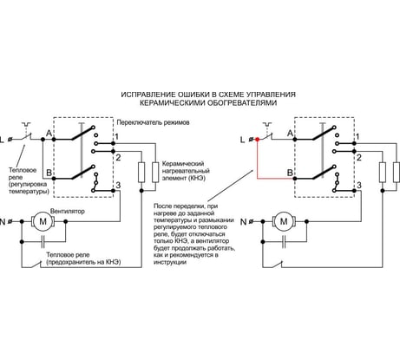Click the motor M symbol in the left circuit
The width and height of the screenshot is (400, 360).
pos(43,221)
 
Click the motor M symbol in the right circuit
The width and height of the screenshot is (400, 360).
pos(284,221)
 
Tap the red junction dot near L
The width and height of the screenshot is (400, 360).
pos(257,140)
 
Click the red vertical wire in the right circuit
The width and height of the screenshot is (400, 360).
pos(257,159)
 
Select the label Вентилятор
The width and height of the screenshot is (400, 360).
pos(68,211)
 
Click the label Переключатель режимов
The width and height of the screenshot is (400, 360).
pos(153,122)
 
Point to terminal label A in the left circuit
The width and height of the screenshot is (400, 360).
pos(49,134)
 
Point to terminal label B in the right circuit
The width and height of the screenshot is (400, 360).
pos(290,173)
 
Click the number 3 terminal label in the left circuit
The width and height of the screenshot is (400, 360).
pos(118,185)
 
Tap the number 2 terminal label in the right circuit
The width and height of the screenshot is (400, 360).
pos(359,158)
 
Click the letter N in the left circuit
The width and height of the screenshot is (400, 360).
pos(3,222)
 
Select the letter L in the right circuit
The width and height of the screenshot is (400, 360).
pos(243,140)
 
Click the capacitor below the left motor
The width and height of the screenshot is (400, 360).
pos(43,241)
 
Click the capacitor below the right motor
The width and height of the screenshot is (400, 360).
pos(284,241)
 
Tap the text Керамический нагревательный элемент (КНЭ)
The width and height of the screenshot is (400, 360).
pos(186,171)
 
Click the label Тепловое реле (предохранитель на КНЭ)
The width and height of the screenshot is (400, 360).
pos(83,259)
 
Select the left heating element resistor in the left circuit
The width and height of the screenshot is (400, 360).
pos(141,173)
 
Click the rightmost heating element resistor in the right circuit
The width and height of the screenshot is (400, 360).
pos(397,173)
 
